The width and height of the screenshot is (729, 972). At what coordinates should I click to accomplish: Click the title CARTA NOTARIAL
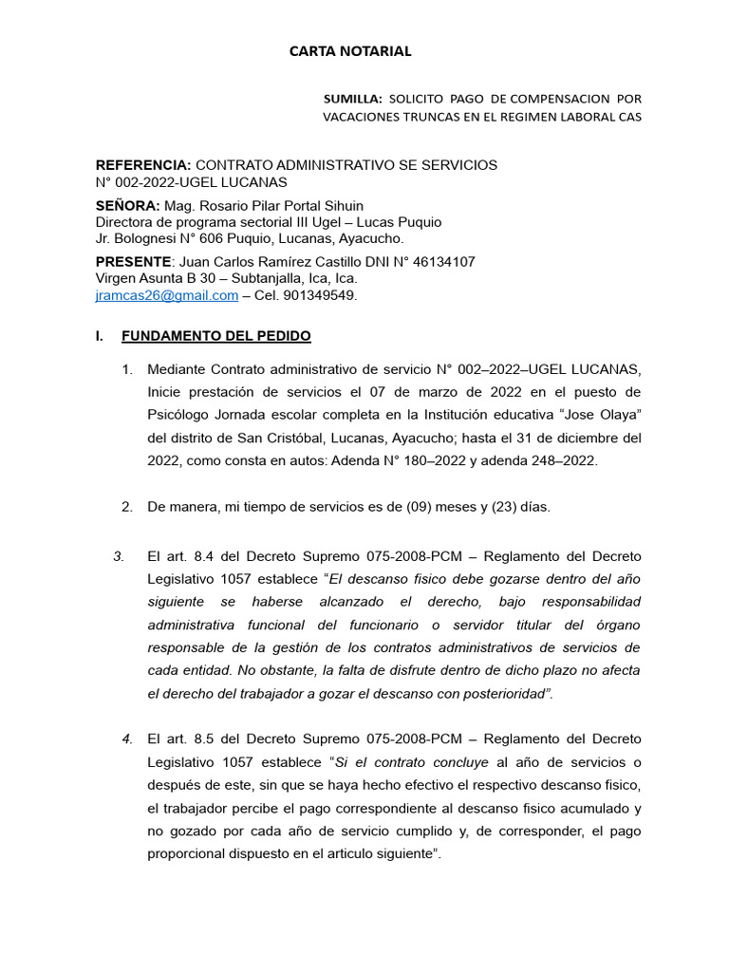tap(350, 51)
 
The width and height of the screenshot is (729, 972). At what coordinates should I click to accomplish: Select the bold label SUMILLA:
tap(353, 98)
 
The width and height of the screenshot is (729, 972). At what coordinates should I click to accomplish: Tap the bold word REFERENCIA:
tap(143, 165)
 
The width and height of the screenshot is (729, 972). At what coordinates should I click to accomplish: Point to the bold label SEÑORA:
tap(128, 206)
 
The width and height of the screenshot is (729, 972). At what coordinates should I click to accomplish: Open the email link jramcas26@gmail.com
tap(167, 295)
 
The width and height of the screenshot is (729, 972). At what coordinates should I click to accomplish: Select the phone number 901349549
tap(327, 295)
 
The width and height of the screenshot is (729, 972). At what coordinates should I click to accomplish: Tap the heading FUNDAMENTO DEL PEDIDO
tap(215, 336)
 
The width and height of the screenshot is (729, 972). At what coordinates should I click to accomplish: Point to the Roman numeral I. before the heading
tap(99, 336)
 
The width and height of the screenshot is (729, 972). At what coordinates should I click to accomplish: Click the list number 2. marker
tap(127, 507)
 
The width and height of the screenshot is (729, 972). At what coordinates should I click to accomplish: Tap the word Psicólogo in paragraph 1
tap(179, 415)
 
